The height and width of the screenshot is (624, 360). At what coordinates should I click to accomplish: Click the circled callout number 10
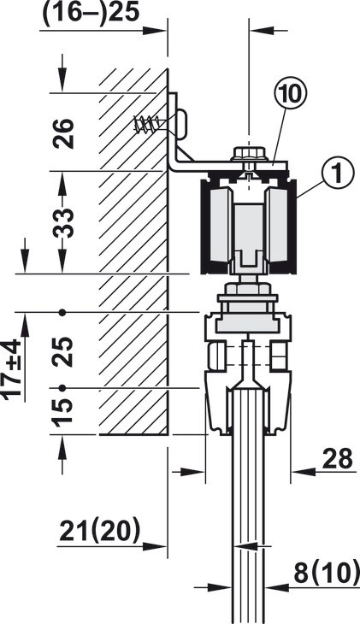pyautogui.click(x=291, y=95)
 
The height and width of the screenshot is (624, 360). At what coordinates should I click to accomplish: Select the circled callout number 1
pyautogui.click(x=337, y=174)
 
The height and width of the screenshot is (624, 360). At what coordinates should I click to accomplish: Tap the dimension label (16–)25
pyautogui.click(x=90, y=13)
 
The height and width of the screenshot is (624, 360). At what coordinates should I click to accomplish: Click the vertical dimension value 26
pyautogui.click(x=64, y=133)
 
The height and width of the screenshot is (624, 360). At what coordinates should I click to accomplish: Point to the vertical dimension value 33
pyautogui.click(x=64, y=223)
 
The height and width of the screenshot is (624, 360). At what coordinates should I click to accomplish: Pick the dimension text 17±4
pyautogui.click(x=12, y=368)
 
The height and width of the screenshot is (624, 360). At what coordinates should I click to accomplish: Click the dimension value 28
pyautogui.click(x=337, y=458)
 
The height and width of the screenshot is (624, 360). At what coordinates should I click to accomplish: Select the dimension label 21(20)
pyautogui.click(x=99, y=532)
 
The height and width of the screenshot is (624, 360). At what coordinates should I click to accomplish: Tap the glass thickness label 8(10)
pyautogui.click(x=327, y=574)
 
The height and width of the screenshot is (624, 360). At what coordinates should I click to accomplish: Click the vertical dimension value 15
pyautogui.click(x=63, y=412)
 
